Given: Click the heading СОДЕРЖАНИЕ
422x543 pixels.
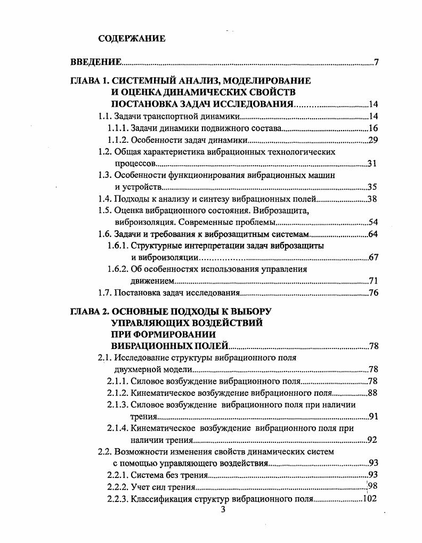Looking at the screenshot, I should tap(132, 38).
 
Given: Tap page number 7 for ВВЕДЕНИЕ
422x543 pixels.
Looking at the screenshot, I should tap(376, 63).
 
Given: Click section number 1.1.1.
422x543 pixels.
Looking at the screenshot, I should tap(118, 128).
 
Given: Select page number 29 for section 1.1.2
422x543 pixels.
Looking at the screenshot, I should tap(373, 140).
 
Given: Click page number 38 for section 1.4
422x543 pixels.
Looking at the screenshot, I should tap(373, 199).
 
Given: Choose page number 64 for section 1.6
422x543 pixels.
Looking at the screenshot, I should tap(373, 234).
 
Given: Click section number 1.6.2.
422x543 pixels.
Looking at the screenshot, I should tap(118, 269).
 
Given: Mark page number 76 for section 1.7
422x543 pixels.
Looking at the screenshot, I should tap(373, 293).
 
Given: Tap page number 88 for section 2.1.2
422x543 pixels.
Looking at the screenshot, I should tap(373, 393).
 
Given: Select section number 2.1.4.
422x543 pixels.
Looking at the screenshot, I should tap(118, 428).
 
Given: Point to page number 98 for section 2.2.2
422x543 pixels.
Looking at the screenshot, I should tap(373, 487).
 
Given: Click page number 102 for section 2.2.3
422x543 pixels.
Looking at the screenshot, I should tap(370, 499).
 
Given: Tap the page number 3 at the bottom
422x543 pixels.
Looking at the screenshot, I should tap(223, 510).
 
